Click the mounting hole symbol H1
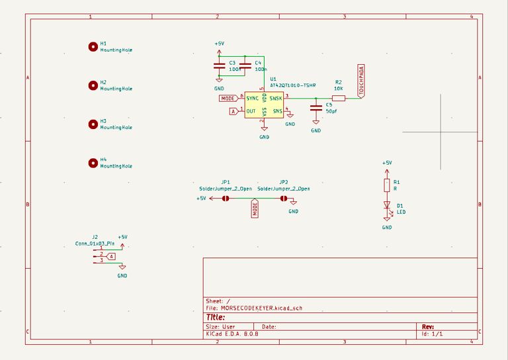(93, 46)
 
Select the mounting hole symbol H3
(93, 124)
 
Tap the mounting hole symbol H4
(93, 163)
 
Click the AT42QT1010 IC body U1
(264, 105)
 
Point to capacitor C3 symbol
(219, 66)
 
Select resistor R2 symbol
(338, 98)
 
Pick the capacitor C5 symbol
(316, 108)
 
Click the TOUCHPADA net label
(361, 81)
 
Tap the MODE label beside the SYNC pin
(228, 98)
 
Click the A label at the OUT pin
(233, 111)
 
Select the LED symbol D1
(387, 206)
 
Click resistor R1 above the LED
(387, 185)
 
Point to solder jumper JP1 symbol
(226, 198)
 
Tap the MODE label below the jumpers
(255, 209)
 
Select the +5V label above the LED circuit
(387, 163)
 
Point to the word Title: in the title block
(216, 317)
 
